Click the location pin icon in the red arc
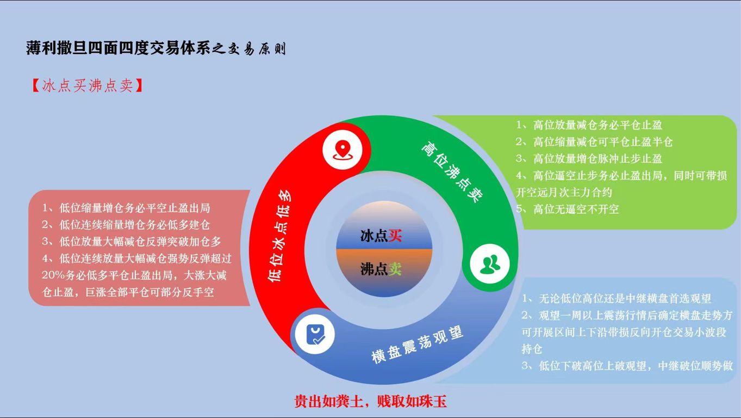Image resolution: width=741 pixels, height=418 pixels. pyautogui.click(x=343, y=150)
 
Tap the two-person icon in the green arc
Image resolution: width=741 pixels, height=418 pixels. pyautogui.click(x=490, y=264)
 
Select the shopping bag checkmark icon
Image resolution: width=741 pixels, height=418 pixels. pyautogui.click(x=315, y=335)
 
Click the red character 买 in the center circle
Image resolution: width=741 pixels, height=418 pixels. pyautogui.click(x=395, y=236)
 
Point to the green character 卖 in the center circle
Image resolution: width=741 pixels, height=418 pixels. pyautogui.click(x=395, y=269)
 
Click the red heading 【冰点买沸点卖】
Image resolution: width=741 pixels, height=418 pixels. pyautogui.click(x=88, y=85)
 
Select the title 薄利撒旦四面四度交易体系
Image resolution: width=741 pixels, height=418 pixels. pyautogui.click(x=119, y=48)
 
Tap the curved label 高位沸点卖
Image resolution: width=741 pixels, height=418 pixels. pyautogui.click(x=452, y=172)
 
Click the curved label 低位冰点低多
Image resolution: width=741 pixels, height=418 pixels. pyautogui.click(x=279, y=236)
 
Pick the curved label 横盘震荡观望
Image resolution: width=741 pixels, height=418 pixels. pyautogui.click(x=418, y=345)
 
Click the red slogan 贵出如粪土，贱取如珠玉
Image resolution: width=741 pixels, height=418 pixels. pyautogui.click(x=371, y=402)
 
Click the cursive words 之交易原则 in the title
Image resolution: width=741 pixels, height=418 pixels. pyautogui.click(x=249, y=49)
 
